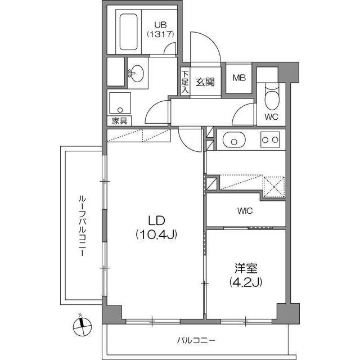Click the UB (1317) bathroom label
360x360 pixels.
pyautogui.click(x=160, y=29)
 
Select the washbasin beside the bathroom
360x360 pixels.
pyautogui.click(x=137, y=72)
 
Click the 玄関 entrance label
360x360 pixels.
pyautogui.click(x=205, y=82)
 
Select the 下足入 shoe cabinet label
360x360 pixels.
pyautogui.click(x=184, y=82)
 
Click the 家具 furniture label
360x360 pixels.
pyautogui.click(x=119, y=121)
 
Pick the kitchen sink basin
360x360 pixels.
pyautogui.click(x=232, y=139)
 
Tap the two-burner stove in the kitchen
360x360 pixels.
pyautogui.click(x=270, y=139)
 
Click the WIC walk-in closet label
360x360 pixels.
pyautogui.click(x=245, y=211)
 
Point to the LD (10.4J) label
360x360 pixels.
pyautogui.click(x=156, y=227)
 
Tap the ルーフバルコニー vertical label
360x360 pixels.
pyautogui.click(x=82, y=226)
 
